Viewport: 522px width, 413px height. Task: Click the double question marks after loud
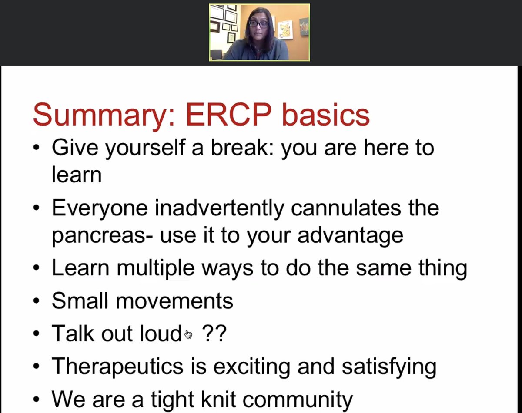[214, 334]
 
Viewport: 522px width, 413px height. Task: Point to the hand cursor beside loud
[188, 334]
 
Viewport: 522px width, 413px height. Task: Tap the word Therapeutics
[117, 366]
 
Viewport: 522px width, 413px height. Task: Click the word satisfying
[388, 366]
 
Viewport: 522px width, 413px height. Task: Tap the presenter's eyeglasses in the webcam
[259, 24]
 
